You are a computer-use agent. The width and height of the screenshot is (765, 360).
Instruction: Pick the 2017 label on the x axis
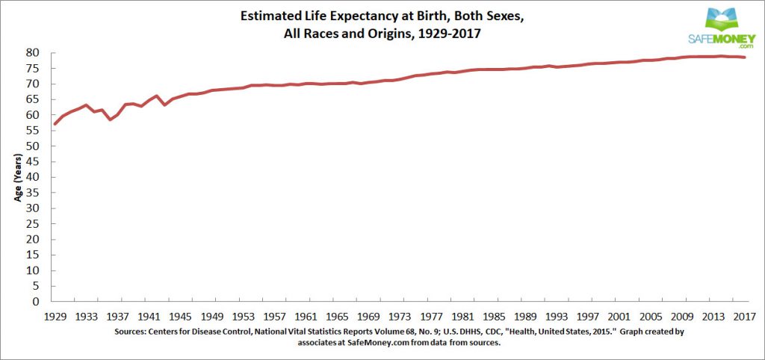click(743, 315)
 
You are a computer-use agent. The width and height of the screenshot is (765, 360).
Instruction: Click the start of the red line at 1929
click(54, 124)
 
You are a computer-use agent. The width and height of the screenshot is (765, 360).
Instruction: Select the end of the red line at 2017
click(744, 58)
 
